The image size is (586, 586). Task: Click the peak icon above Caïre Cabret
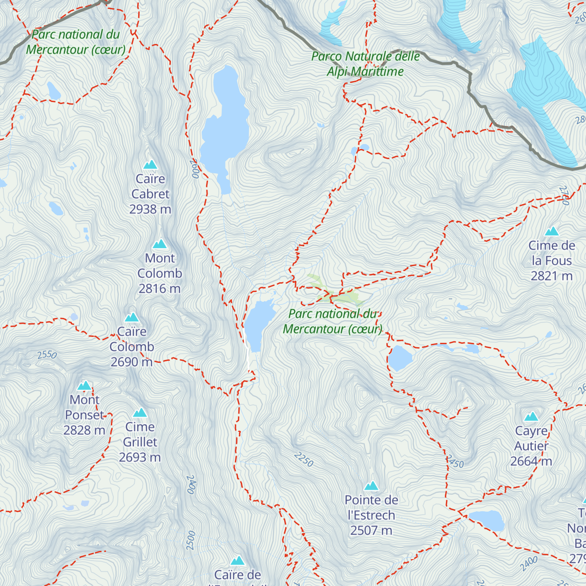[x=150, y=165]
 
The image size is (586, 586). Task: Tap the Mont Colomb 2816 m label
[x=160, y=273]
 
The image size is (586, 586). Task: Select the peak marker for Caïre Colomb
[x=132, y=317]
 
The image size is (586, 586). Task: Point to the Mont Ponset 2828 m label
[x=84, y=415]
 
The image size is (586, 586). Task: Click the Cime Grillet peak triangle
[x=140, y=413]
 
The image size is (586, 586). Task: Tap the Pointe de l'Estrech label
[x=371, y=515]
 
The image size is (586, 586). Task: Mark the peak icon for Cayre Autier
[x=531, y=417]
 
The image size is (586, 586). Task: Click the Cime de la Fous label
[x=552, y=260]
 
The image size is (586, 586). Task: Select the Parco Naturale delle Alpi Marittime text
[x=366, y=63]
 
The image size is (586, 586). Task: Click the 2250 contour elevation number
[x=303, y=459]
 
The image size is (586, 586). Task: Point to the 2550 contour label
[x=47, y=355]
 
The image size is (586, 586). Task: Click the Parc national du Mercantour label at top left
[x=76, y=42]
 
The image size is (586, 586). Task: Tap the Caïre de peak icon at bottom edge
[x=238, y=560]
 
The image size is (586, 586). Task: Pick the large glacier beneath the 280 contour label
[x=544, y=98]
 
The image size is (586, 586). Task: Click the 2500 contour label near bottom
[x=191, y=540]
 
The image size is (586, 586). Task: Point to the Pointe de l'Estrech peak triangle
[x=372, y=485]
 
